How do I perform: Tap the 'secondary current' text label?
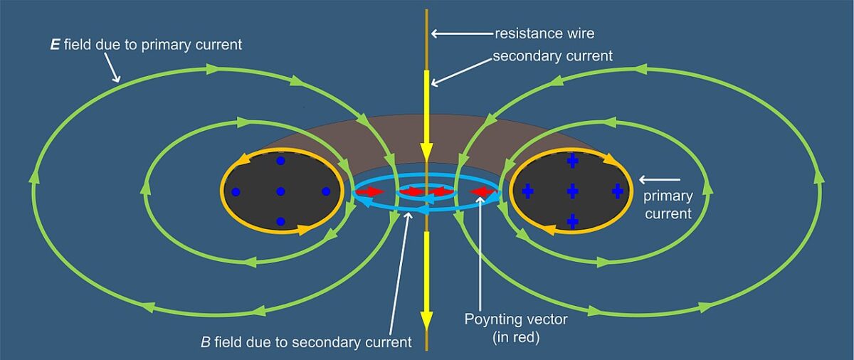coord(552,56)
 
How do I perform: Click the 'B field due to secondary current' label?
coord(306,342)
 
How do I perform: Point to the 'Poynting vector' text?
coord(516,319)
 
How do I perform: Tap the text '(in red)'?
coord(516,337)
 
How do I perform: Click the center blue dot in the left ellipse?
coord(280,191)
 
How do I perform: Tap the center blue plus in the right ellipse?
coord(572,191)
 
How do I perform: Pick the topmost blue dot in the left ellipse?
coord(280,162)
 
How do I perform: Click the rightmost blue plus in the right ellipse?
coord(617,191)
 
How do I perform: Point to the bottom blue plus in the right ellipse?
coord(572,221)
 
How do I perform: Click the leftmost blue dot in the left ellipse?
coord(236,191)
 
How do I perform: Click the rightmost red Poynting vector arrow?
coord(483,192)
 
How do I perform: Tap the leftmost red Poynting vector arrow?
coord(371,192)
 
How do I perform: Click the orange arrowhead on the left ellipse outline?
coord(305,229)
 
